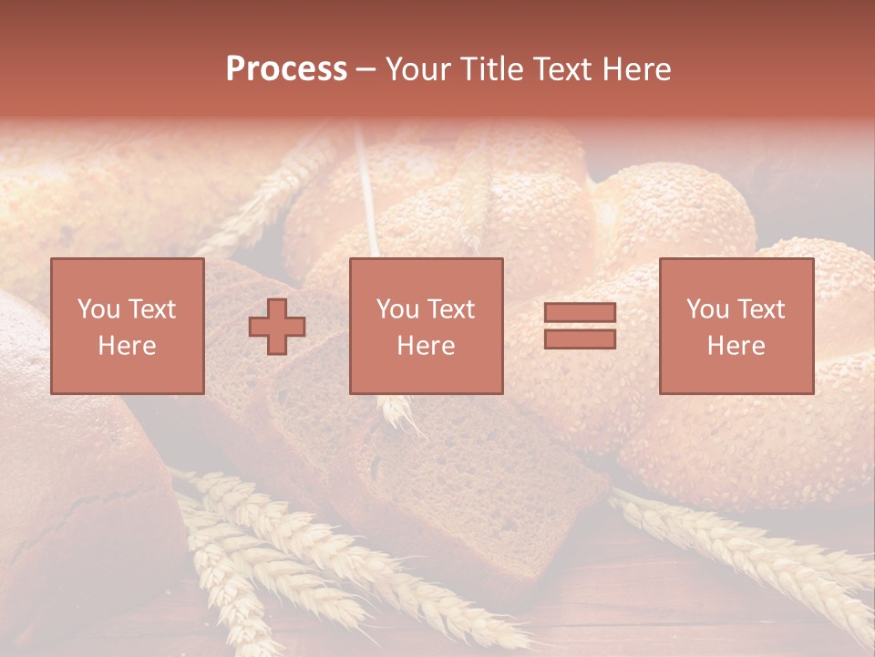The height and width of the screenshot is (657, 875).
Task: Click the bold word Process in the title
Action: (x=286, y=69)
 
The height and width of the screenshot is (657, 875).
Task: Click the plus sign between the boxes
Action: (x=277, y=327)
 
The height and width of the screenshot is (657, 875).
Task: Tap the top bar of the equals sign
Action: (x=580, y=313)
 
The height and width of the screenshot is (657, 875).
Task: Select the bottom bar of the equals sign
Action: (x=580, y=339)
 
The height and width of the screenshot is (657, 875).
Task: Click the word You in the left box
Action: (x=98, y=309)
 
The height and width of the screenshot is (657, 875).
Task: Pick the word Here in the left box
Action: (x=127, y=346)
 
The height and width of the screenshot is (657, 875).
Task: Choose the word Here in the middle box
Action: (x=426, y=346)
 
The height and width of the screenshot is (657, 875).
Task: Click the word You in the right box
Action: (x=706, y=309)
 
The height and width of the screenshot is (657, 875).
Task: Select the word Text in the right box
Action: (x=761, y=309)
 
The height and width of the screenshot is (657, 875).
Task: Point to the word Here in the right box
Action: (x=736, y=346)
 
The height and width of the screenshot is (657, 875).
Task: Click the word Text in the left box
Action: (x=152, y=309)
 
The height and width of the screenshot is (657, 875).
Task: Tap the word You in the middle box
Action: (x=396, y=309)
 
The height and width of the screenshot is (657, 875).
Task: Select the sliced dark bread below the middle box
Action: (x=437, y=474)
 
